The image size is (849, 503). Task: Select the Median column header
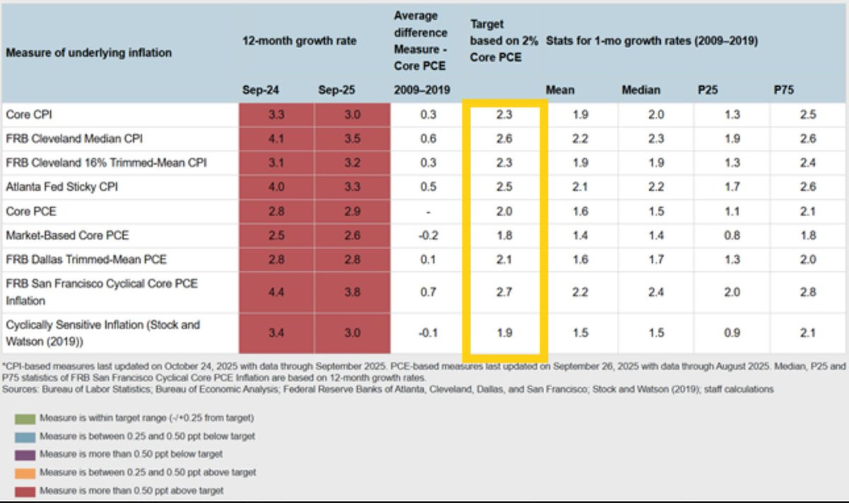(x=640, y=90)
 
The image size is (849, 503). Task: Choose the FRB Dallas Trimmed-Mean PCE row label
(x=86, y=259)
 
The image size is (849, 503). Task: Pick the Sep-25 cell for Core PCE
(x=352, y=212)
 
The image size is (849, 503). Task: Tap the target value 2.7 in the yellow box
(x=504, y=292)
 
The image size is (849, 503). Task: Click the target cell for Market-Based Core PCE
(x=504, y=235)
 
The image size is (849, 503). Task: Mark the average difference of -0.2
(x=429, y=235)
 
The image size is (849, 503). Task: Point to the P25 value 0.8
(x=732, y=235)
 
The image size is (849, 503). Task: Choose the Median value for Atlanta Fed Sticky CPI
(x=656, y=187)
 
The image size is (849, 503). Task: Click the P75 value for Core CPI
(x=808, y=114)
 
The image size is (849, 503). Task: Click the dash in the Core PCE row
(x=429, y=212)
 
